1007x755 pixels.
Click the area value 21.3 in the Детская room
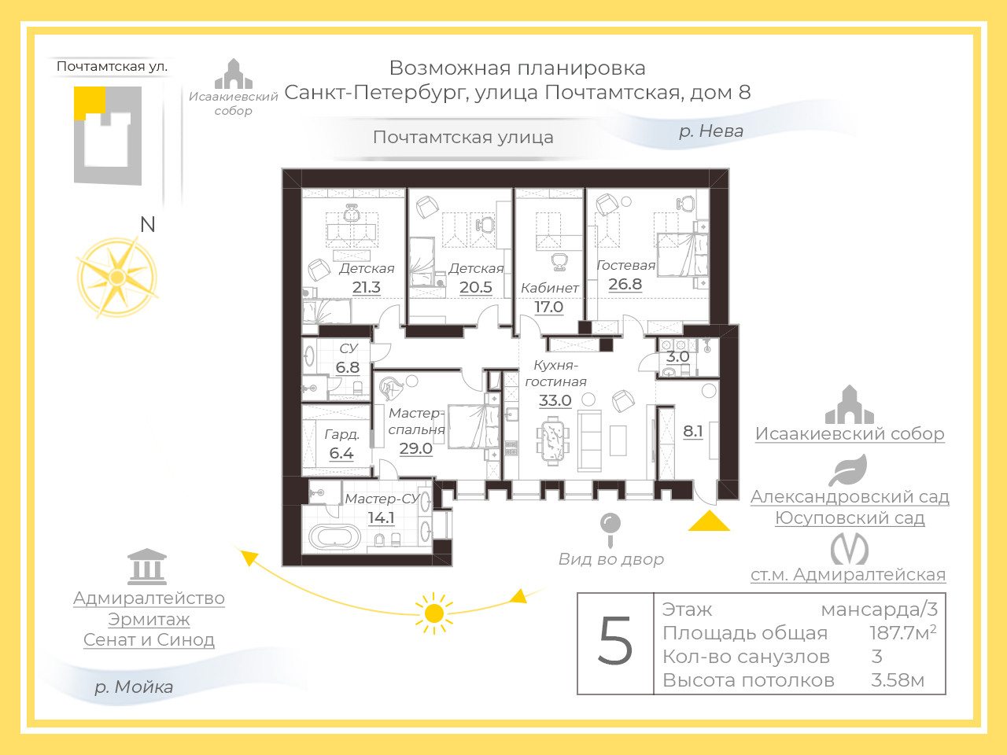(367, 288)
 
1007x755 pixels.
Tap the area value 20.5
(476, 288)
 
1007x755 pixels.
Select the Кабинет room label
(549, 288)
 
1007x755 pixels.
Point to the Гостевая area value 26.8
(625, 285)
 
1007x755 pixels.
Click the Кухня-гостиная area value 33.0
(555, 401)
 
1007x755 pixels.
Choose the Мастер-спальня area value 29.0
(415, 448)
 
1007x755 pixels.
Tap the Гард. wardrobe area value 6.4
(341, 454)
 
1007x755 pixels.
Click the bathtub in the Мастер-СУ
(334, 537)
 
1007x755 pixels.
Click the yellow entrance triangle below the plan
(709, 521)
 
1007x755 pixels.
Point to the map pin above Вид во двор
(610, 525)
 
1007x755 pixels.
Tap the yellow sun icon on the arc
(433, 613)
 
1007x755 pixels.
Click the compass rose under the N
(117, 278)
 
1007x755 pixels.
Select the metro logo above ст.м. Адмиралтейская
(850, 549)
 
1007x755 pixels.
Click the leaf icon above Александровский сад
(848, 471)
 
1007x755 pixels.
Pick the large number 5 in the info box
(615, 642)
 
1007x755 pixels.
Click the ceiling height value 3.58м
(897, 680)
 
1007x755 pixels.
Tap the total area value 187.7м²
(902, 633)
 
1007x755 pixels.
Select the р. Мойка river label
(134, 687)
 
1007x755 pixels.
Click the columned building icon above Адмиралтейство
(147, 566)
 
